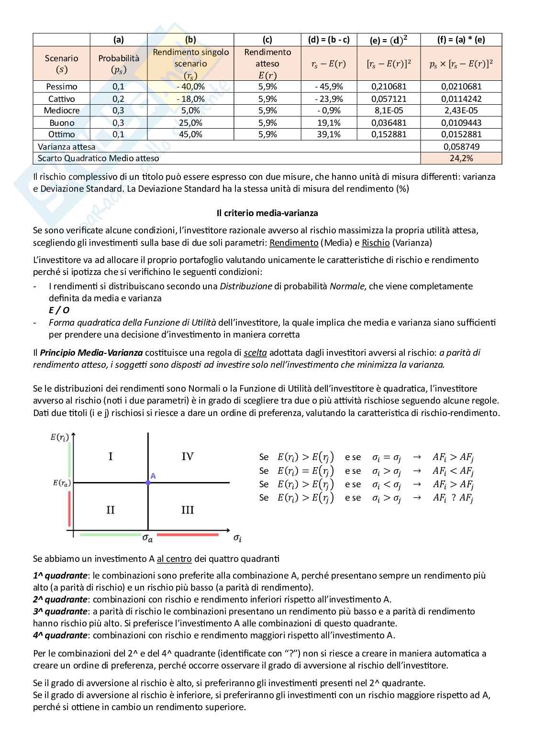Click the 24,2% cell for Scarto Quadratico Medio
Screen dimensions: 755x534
461,158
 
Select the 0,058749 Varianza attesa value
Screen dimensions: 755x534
461,147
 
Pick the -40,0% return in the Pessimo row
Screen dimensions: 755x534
190,87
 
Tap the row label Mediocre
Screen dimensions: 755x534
62,110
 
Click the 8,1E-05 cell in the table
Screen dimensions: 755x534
389,110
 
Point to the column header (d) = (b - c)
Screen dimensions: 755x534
329,40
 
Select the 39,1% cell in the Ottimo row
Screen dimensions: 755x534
329,134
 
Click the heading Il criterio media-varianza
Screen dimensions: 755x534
267,213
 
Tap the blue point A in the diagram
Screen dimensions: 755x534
148,483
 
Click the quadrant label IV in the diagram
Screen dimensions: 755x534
188,457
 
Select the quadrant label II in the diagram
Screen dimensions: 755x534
110,510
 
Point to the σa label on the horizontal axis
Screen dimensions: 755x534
147,538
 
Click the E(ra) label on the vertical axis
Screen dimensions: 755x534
61,483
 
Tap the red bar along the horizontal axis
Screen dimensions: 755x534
188,535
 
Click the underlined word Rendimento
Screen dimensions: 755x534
294,243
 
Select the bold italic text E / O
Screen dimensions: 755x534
59,310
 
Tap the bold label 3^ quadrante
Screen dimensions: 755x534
60,612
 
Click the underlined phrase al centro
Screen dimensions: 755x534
174,559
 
